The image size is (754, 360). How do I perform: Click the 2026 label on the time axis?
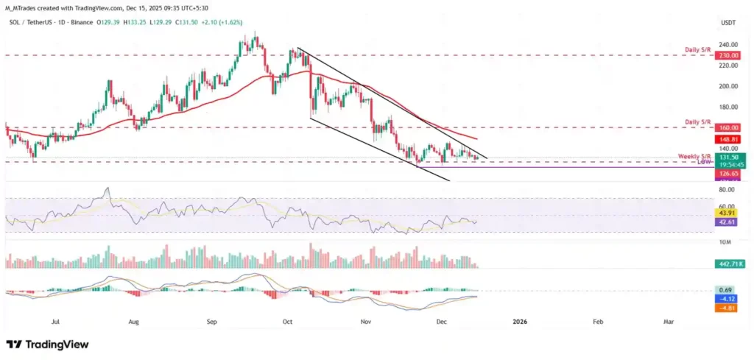click(x=520, y=322)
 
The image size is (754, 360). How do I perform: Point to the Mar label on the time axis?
click(x=669, y=322)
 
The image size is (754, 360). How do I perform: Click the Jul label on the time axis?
click(x=55, y=322)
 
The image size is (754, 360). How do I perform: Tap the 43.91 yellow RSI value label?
click(x=725, y=212)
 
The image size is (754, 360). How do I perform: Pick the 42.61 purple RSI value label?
click(x=725, y=221)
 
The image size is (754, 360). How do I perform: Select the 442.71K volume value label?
click(x=727, y=263)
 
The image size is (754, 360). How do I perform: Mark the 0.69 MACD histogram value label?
click(x=725, y=291)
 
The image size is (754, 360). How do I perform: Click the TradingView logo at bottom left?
click(x=47, y=345)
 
